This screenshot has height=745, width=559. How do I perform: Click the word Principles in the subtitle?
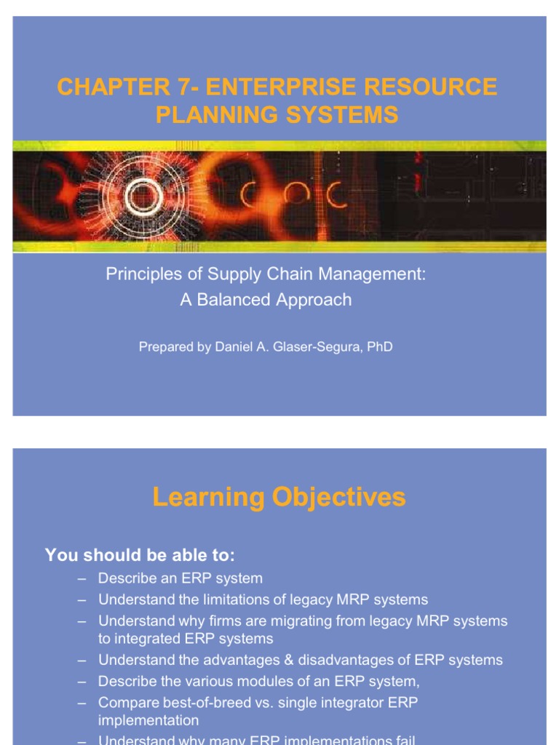[x=138, y=275]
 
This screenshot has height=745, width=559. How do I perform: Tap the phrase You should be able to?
[x=140, y=556]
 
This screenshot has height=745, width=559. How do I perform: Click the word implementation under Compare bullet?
[x=148, y=720]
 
